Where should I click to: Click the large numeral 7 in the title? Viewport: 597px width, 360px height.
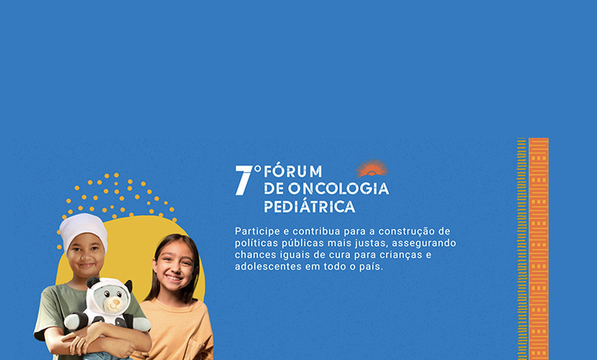(244, 180)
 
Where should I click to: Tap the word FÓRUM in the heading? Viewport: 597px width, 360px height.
(293, 171)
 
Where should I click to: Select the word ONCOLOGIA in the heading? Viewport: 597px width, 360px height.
(338, 188)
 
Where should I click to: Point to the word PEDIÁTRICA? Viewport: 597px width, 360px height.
(309, 207)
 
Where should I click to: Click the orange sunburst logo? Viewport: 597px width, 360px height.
(372, 169)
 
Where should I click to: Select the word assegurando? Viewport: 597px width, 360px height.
(424, 244)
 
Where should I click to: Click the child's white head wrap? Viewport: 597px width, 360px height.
(83, 230)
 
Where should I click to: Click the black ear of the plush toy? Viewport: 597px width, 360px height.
(92, 283)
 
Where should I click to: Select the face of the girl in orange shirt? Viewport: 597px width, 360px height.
(174, 266)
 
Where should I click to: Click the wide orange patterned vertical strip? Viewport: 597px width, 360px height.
(539, 249)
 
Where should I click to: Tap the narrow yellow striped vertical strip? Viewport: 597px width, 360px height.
(522, 249)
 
